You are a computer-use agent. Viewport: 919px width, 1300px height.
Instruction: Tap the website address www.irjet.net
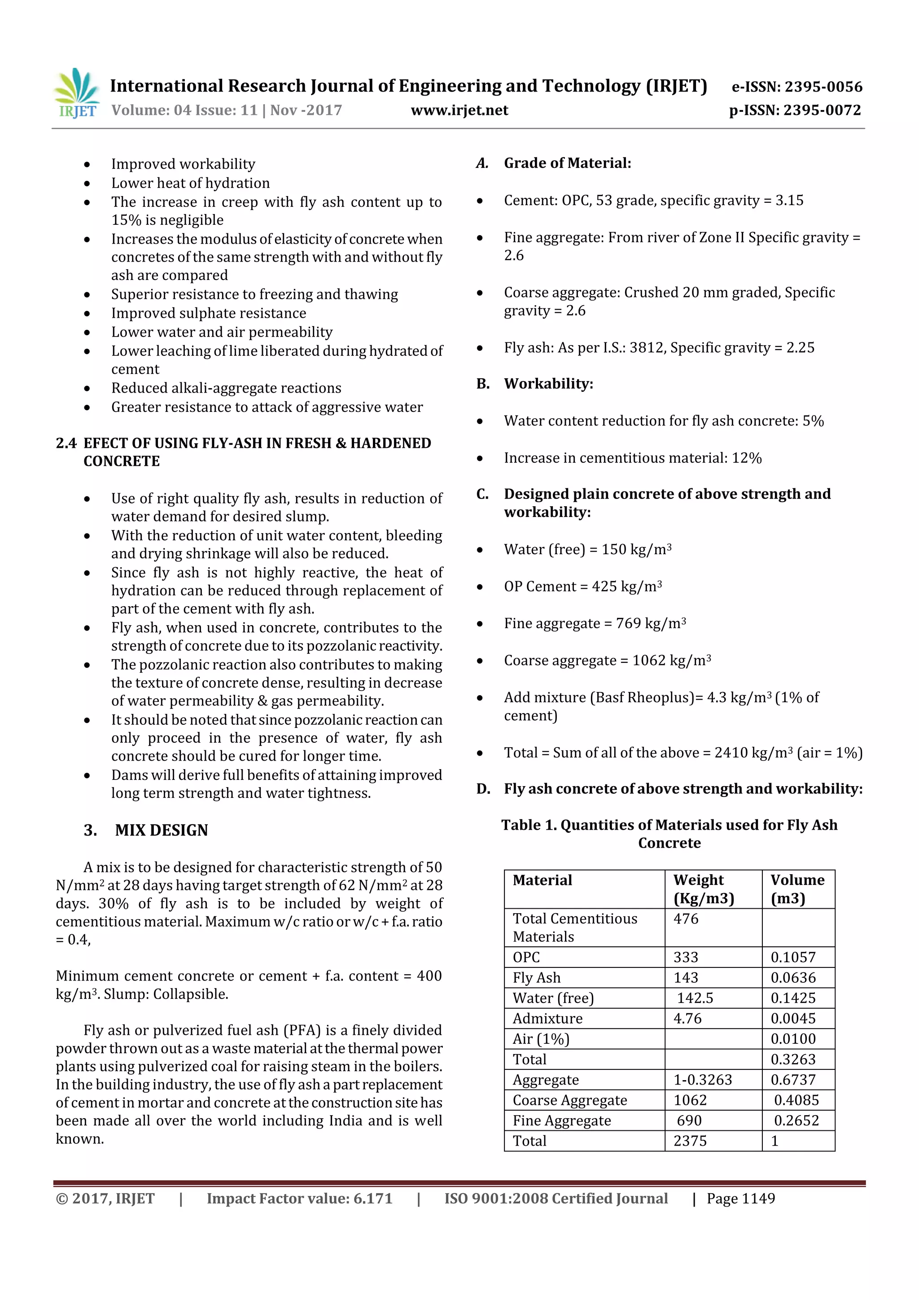click(459, 110)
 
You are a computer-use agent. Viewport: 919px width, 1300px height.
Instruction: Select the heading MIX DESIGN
click(162, 830)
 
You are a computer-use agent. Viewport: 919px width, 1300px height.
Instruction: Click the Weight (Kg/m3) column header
click(703, 889)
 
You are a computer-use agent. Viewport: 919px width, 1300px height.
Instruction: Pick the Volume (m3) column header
click(797, 889)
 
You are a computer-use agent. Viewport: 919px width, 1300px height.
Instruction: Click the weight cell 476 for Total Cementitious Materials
click(686, 919)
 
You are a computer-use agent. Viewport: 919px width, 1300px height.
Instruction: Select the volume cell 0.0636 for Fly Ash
click(793, 978)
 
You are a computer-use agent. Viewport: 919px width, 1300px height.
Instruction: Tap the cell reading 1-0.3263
click(702, 1080)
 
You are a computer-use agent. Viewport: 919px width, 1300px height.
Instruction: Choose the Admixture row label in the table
click(547, 1019)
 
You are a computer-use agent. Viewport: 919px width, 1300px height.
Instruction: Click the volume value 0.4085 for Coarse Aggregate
click(796, 1100)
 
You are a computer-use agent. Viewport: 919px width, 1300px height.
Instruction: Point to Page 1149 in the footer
click(741, 1199)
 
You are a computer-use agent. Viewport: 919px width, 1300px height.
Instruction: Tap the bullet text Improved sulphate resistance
click(208, 313)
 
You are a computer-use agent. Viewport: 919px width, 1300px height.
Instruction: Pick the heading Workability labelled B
click(548, 384)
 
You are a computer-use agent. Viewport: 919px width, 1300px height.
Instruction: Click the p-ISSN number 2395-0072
click(822, 110)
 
